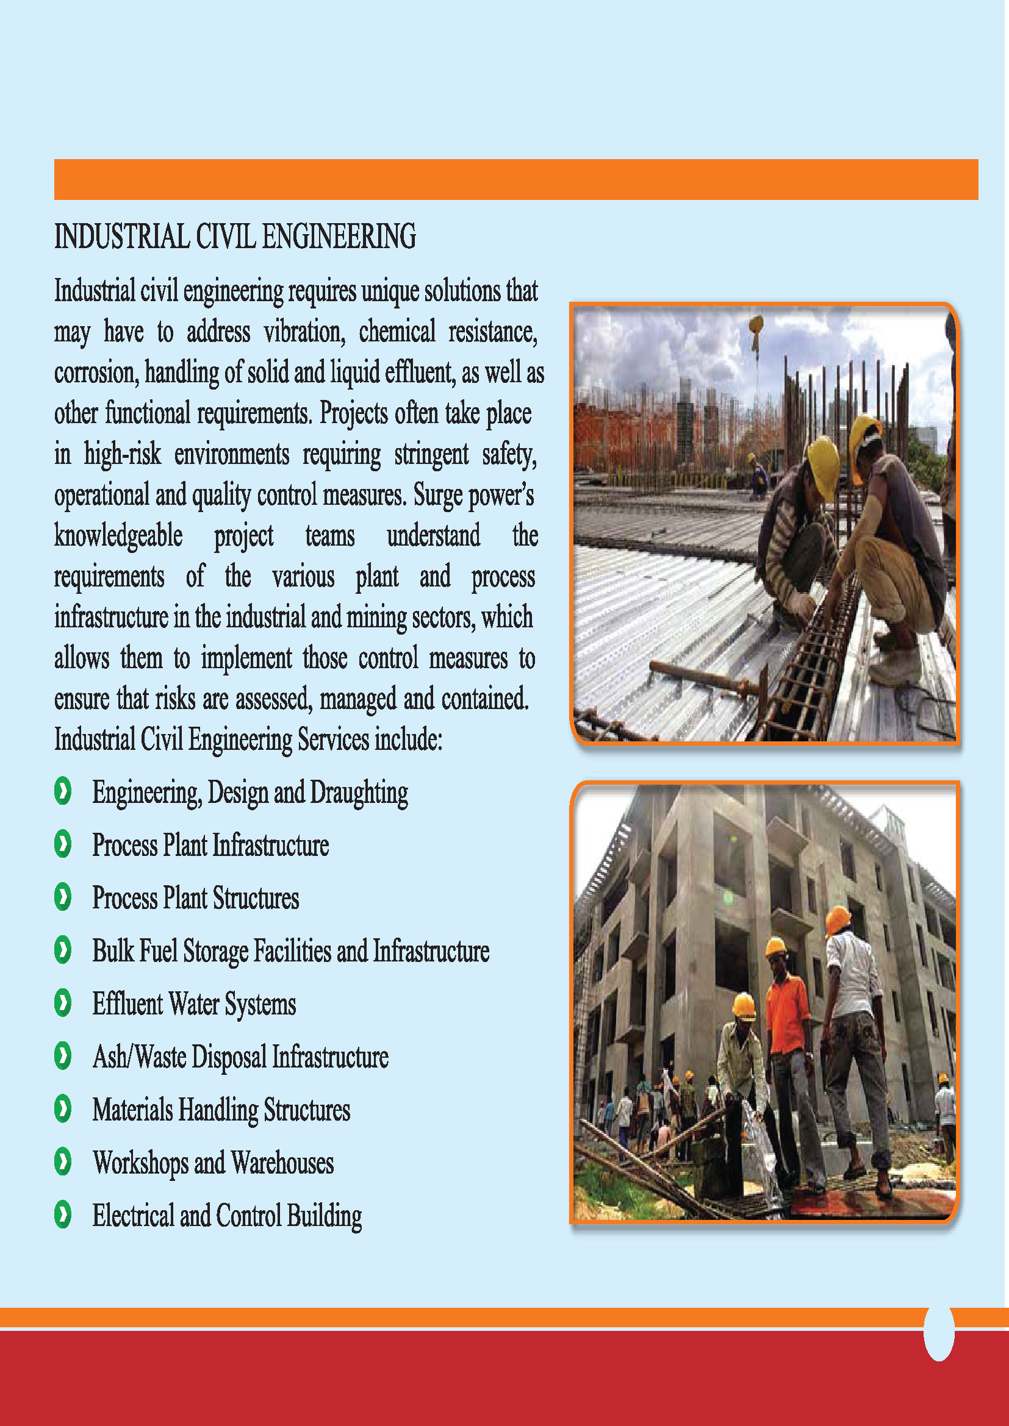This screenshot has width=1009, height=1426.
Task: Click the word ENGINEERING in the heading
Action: [x=339, y=237]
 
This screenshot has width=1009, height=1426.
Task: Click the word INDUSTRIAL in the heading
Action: [x=121, y=237]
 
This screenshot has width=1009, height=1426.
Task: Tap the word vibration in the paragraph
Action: [x=304, y=332]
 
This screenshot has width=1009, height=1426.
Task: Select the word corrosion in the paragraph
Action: [x=96, y=373]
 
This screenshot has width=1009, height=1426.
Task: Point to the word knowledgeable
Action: [x=118, y=536]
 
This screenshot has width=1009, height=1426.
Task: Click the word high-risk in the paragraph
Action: [x=123, y=454]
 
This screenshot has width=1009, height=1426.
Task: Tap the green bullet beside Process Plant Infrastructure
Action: [x=63, y=844]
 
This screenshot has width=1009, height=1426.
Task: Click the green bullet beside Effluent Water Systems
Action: [x=63, y=1003]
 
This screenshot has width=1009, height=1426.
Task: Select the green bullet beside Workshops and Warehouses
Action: [x=63, y=1161]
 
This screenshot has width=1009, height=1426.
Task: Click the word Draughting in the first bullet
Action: [x=359, y=793]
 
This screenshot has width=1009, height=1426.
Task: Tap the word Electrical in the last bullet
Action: [x=133, y=1216]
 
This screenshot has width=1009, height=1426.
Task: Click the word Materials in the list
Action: [x=132, y=1110]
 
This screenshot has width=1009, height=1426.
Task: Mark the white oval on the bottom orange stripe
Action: [x=938, y=1333]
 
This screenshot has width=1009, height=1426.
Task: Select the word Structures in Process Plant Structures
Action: [x=256, y=898]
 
